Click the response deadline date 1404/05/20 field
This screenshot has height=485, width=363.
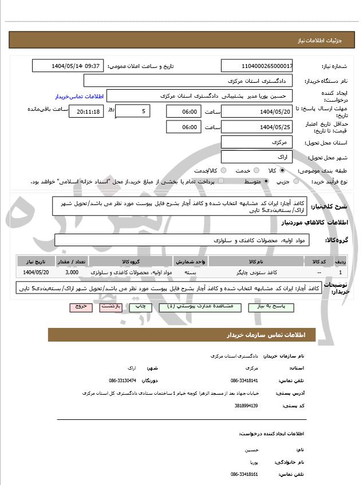[x=257, y=111]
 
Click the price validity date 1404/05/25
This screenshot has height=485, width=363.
[x=257, y=127]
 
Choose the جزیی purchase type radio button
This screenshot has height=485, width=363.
[x=295, y=181]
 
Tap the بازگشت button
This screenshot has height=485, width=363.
[x=110, y=307]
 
